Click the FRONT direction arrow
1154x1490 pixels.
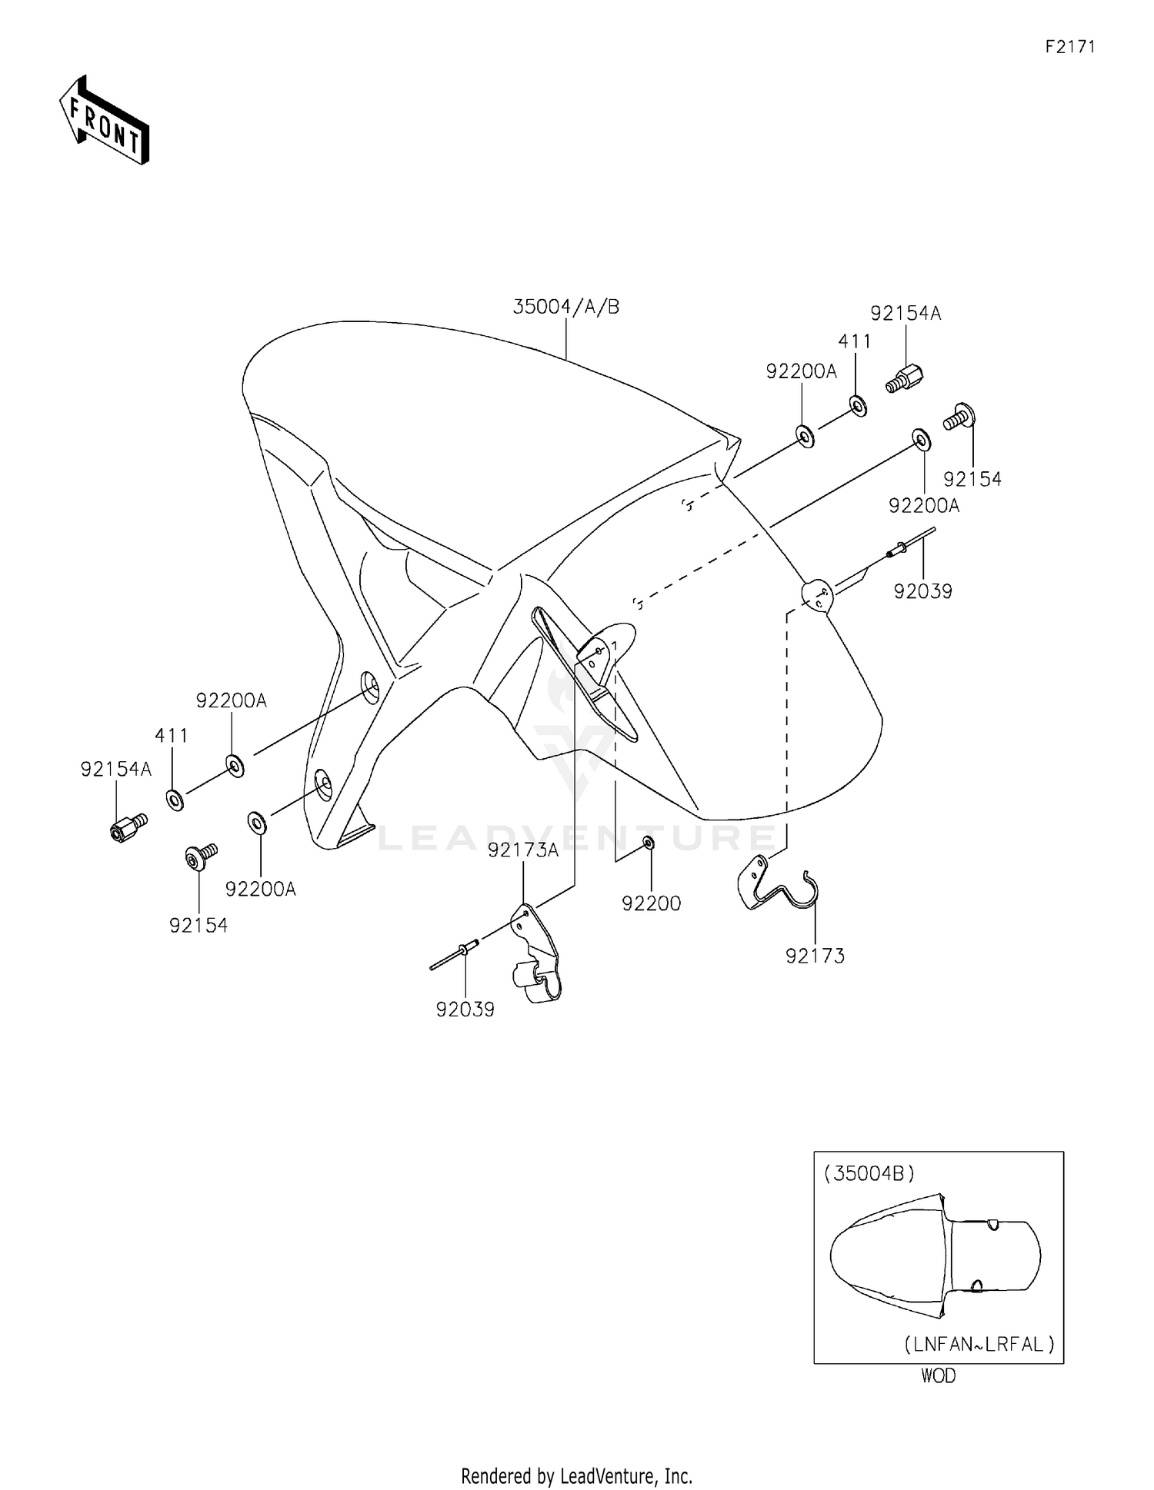105,121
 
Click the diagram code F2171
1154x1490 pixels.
1069,47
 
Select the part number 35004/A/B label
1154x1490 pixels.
566,307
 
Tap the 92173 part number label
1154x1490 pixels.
815,956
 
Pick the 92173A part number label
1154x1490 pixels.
523,850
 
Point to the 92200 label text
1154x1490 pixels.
652,903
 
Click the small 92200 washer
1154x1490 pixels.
649,843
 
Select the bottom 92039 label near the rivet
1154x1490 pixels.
465,1009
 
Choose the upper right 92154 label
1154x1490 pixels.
972,479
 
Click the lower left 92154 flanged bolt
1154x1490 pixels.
200,856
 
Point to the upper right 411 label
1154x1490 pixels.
855,341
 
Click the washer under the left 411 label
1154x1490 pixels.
175,800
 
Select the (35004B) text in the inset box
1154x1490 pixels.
869,1174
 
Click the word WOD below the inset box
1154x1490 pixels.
938,1375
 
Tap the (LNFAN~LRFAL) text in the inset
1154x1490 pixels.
979,1344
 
